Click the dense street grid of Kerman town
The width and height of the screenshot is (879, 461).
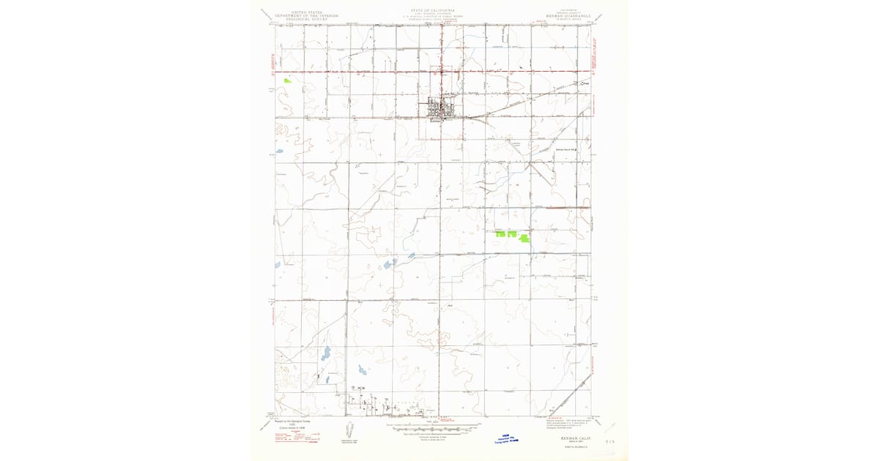tap(442, 108)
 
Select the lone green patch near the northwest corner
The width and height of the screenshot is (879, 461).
tap(288, 80)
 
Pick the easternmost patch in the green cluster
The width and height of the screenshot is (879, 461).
tap(524, 237)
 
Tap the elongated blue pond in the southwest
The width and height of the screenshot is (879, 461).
tap(325, 354)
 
